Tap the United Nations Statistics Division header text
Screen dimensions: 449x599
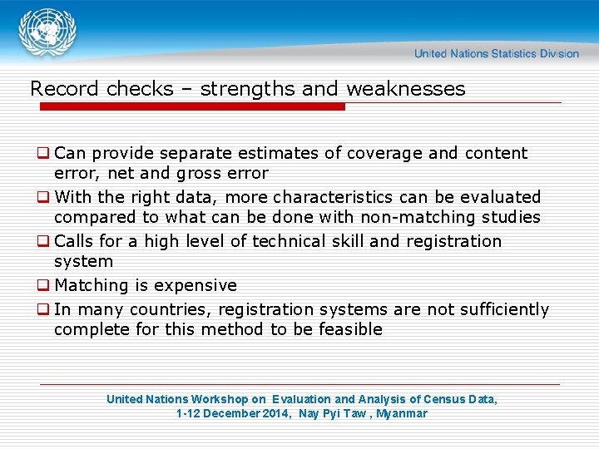point(496,54)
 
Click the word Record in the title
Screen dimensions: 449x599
point(63,89)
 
